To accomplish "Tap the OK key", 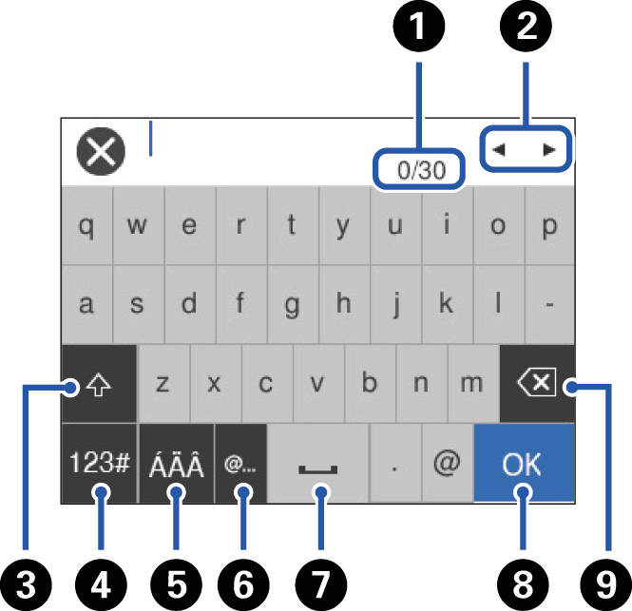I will coord(523,464).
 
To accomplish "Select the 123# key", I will coord(99,464).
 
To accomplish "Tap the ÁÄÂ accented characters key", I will coord(177,464).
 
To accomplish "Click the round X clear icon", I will coord(100,152).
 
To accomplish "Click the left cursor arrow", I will coord(499,149).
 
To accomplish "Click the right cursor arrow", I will coord(549,149).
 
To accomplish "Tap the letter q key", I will coord(86,227).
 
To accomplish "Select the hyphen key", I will coord(548,305).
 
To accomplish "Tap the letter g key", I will coord(293,305).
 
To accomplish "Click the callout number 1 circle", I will coord(419,26).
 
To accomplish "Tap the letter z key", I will coord(163,384).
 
